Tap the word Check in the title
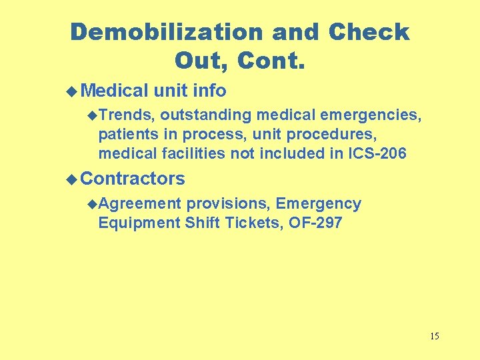pos(369,31)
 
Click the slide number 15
pos(435,335)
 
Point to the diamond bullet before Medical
pos(73,91)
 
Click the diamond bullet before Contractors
pos(73,179)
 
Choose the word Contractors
pos(133,179)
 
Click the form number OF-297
pos(315,223)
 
